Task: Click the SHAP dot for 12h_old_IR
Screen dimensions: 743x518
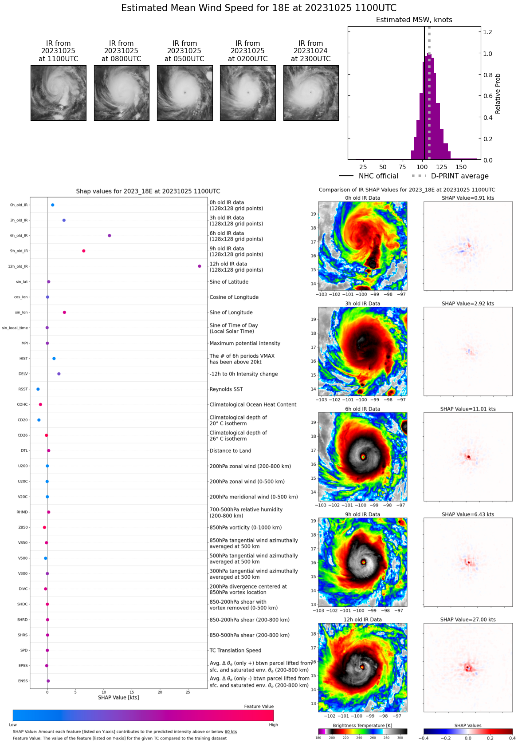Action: point(200,266)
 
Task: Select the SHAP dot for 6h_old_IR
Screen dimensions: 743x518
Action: point(110,236)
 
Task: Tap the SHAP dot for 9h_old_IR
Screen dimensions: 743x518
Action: point(84,251)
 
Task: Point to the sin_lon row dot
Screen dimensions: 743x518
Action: point(64,312)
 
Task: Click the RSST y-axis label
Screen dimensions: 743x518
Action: point(23,389)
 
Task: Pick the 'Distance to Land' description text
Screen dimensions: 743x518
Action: point(230,451)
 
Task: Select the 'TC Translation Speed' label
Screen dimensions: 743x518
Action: point(235,651)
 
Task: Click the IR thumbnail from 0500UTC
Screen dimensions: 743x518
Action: point(184,93)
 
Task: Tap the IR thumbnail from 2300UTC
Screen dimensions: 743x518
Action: point(311,93)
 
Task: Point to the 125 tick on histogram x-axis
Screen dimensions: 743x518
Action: point(441,167)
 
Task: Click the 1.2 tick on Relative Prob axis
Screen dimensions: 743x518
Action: point(487,32)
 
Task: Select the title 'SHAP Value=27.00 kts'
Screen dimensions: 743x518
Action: point(468,620)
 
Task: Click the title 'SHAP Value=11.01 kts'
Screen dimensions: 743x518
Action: point(468,409)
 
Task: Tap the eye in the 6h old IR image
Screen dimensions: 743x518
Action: point(363,456)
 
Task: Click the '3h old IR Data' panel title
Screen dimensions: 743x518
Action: point(362,304)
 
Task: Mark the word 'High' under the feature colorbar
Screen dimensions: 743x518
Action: point(273,725)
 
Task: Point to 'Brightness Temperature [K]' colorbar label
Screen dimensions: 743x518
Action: point(362,726)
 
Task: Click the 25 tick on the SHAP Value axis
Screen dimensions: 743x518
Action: point(188,692)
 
